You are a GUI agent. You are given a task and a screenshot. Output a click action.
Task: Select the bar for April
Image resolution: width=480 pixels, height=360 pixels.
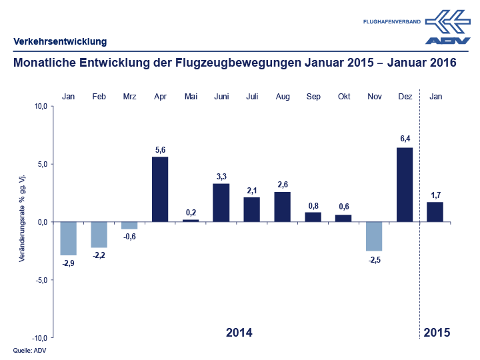(x=160, y=189)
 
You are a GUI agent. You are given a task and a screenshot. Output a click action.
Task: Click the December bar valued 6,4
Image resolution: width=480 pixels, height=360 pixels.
(x=405, y=185)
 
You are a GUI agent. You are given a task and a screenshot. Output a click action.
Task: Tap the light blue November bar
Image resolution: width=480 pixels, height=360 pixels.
(x=374, y=236)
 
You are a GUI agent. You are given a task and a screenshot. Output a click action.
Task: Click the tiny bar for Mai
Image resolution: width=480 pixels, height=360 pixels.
(x=191, y=220)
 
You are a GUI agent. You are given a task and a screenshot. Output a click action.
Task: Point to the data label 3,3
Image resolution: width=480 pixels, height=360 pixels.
(x=221, y=176)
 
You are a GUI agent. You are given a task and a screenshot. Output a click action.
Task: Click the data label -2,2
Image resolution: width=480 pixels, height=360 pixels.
(x=99, y=255)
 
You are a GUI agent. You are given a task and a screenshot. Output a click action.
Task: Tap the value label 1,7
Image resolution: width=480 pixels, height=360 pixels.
(x=435, y=195)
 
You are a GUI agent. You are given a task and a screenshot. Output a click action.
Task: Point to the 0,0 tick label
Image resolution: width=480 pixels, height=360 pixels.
(x=41, y=222)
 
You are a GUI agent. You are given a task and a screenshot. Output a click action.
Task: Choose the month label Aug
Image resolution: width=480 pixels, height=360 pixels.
(x=283, y=97)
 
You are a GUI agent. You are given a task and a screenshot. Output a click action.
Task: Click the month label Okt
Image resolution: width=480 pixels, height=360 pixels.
(x=344, y=97)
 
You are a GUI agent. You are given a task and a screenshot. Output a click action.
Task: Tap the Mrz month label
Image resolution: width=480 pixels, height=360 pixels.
(x=130, y=97)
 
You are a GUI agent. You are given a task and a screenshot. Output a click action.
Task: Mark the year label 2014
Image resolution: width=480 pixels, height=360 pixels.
(x=239, y=332)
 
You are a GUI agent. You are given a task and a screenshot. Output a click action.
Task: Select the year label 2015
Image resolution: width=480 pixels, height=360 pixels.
(x=437, y=332)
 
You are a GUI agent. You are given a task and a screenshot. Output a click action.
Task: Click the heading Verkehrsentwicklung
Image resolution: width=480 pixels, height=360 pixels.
(x=60, y=42)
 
